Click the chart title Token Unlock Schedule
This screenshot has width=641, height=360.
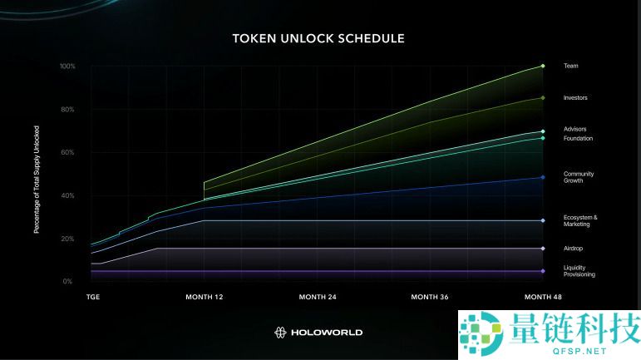click(318, 38)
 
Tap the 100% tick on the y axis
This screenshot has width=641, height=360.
click(67, 66)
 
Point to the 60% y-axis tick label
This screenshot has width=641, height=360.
click(68, 152)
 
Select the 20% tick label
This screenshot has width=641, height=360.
click(68, 239)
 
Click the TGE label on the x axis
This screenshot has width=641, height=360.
click(94, 297)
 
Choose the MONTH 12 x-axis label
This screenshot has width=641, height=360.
click(204, 297)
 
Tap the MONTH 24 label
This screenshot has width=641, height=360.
click(318, 297)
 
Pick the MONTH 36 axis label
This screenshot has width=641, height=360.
click(431, 297)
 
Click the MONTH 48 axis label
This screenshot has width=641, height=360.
click(542, 297)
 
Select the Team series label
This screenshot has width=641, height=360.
click(570, 66)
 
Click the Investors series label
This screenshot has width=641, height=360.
click(575, 98)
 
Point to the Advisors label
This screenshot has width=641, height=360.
click(575, 130)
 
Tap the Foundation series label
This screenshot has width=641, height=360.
click(578, 138)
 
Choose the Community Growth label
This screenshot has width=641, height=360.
click(578, 177)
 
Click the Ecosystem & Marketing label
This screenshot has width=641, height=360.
click(579, 220)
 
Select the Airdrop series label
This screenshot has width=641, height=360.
click(573, 248)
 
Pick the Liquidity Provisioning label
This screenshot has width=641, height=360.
click(579, 271)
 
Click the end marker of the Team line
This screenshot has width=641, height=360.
click(543, 66)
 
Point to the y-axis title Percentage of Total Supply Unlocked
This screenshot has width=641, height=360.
click(37, 179)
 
